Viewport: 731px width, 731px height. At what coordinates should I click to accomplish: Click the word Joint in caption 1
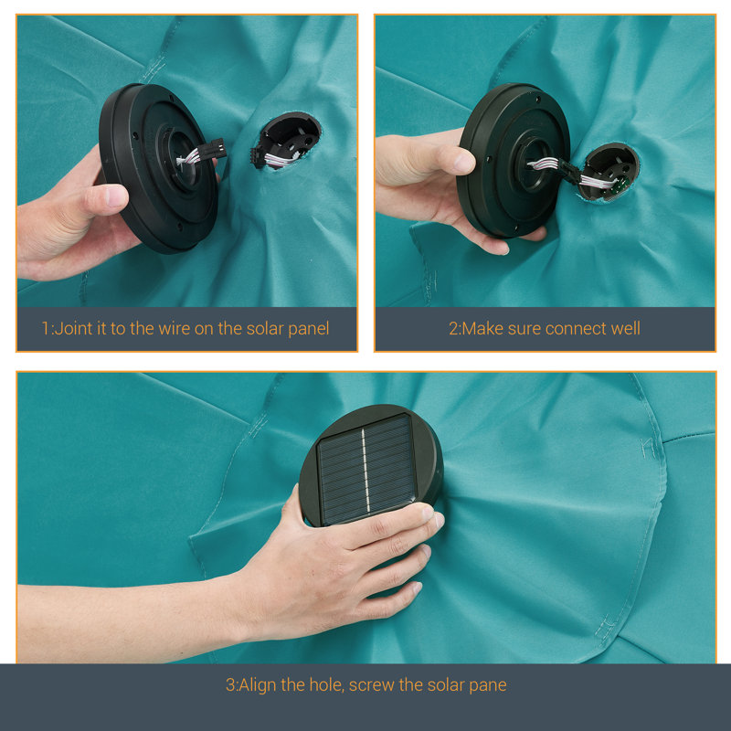tap(73, 329)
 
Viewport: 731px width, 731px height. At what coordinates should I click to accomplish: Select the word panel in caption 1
tap(309, 329)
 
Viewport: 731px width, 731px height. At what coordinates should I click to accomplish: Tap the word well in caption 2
tap(626, 329)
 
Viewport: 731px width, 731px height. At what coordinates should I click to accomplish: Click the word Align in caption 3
tap(258, 685)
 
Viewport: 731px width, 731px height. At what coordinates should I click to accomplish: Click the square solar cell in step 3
tap(366, 470)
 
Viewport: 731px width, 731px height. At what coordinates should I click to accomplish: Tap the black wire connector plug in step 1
tap(217, 149)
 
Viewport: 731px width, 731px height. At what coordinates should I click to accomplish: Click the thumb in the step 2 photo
tap(448, 161)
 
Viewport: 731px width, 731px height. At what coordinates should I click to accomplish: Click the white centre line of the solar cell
tap(365, 470)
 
